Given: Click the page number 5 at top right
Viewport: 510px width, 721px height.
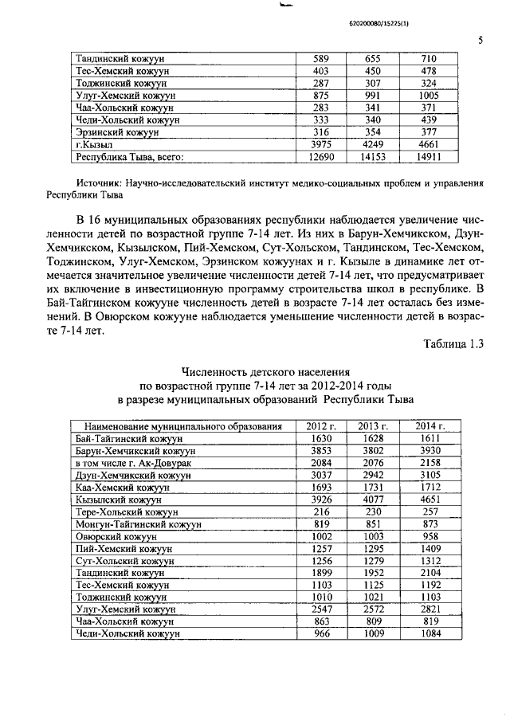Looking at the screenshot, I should click(x=480, y=39).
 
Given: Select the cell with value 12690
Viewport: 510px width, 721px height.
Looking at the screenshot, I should click(x=319, y=158).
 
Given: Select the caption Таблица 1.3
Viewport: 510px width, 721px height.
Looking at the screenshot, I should click(x=452, y=343).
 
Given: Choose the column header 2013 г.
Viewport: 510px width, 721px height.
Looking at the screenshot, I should click(x=373, y=426).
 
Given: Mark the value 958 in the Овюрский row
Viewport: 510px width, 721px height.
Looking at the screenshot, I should click(x=430, y=536).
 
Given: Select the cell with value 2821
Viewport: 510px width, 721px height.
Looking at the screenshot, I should click(x=430, y=609).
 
